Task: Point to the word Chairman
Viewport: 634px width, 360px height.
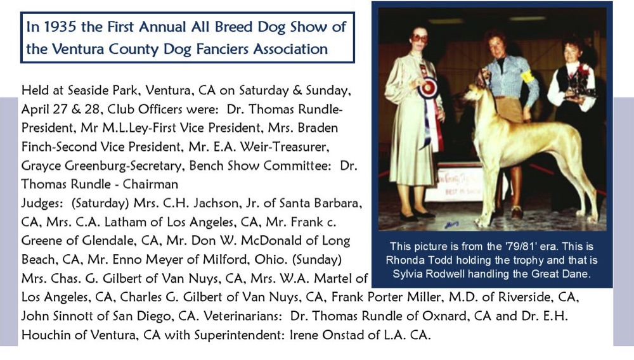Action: coord(150,184)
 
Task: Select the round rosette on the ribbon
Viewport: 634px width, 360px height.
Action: coord(428,89)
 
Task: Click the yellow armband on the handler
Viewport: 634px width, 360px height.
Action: coord(527,76)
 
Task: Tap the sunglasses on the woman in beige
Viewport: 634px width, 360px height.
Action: coord(420,39)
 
